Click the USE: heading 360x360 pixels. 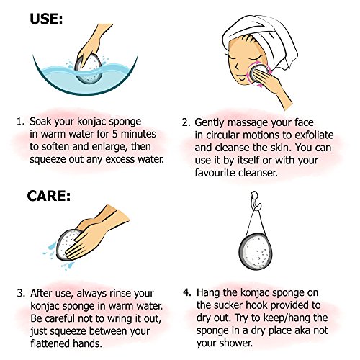46,19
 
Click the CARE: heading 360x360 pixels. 49,196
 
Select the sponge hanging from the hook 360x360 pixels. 256,252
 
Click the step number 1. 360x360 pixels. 19,122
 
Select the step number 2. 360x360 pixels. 186,122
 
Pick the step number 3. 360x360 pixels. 21,293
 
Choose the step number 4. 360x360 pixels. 187,292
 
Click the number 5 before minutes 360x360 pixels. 115,134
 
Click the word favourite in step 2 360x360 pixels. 215,173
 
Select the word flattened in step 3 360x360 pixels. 50,343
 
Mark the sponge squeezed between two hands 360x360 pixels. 68,243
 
